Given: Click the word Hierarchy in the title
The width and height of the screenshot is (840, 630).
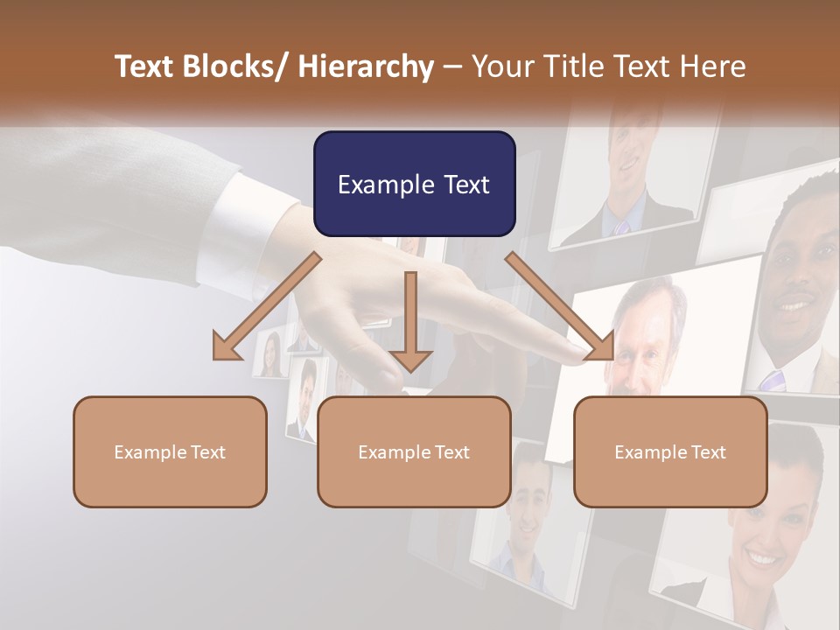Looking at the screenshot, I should point(366,66).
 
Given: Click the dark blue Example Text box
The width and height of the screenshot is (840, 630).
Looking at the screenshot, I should point(414,184).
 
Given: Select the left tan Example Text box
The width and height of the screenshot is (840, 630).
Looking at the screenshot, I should point(170,451).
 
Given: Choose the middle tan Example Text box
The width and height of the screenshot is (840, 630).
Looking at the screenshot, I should point(414,451).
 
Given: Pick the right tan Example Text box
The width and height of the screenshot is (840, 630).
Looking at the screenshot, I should point(670,451).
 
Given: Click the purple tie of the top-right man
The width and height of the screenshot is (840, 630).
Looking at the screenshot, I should point(622,227).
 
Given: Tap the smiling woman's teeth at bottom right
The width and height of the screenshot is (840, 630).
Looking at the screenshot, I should point(763,558).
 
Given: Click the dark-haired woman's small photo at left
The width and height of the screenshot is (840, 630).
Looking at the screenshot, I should point(270,355).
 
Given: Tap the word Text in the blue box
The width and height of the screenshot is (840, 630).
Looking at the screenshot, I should point(458,185).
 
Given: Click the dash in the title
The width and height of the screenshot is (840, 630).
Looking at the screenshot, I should point(452,66).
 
